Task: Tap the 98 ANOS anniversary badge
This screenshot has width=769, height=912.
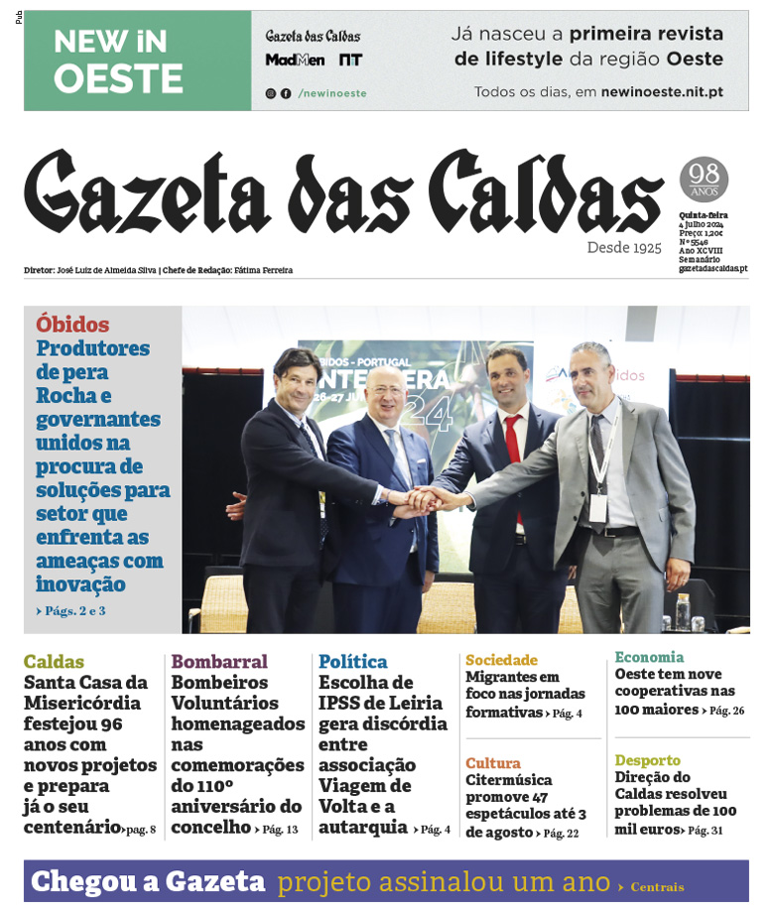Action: pos(704,180)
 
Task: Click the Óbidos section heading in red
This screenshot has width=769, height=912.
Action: pos(72,325)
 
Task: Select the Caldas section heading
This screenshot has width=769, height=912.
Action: pos(54,662)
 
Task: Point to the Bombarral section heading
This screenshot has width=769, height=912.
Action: pos(219,662)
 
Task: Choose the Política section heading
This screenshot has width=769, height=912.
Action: pos(353,662)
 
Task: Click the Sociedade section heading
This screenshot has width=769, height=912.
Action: pos(501,660)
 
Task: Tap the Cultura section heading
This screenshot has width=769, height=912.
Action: pos(493,763)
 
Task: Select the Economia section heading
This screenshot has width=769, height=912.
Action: pos(649,657)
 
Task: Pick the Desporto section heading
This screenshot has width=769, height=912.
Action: pos(648,760)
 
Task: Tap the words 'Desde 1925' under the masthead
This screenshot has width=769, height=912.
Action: pos(623,247)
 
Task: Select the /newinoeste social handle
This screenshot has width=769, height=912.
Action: pos(332,93)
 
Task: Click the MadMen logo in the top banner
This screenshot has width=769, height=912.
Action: pos(295,60)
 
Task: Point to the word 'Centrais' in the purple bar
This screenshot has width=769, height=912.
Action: pos(657,887)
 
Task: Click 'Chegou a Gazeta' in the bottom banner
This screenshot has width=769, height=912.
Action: pos(148,881)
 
